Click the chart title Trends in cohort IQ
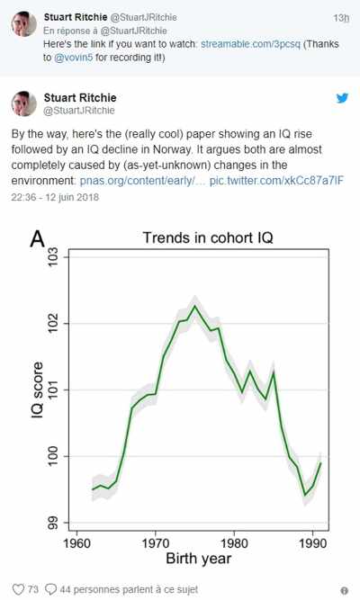tap(208, 237)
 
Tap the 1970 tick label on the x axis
tap(156, 543)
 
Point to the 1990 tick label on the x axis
tap(313, 543)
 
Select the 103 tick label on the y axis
tap(52, 257)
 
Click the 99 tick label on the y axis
tap(52, 523)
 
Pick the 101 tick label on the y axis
tap(52, 390)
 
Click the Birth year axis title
tap(198, 559)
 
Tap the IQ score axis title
tap(37, 390)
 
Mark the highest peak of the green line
tap(195, 305)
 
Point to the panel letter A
tap(38, 238)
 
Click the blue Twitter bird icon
tap(342, 98)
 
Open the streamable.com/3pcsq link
tap(250, 44)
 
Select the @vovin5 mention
tap(74, 58)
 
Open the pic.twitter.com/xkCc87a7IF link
tap(276, 180)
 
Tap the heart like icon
tap(18, 589)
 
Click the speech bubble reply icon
tap(50, 589)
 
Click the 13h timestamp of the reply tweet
tap(341, 18)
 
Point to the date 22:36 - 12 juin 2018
tap(55, 197)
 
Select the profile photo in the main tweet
tap(23, 103)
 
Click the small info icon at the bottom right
tap(344, 590)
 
